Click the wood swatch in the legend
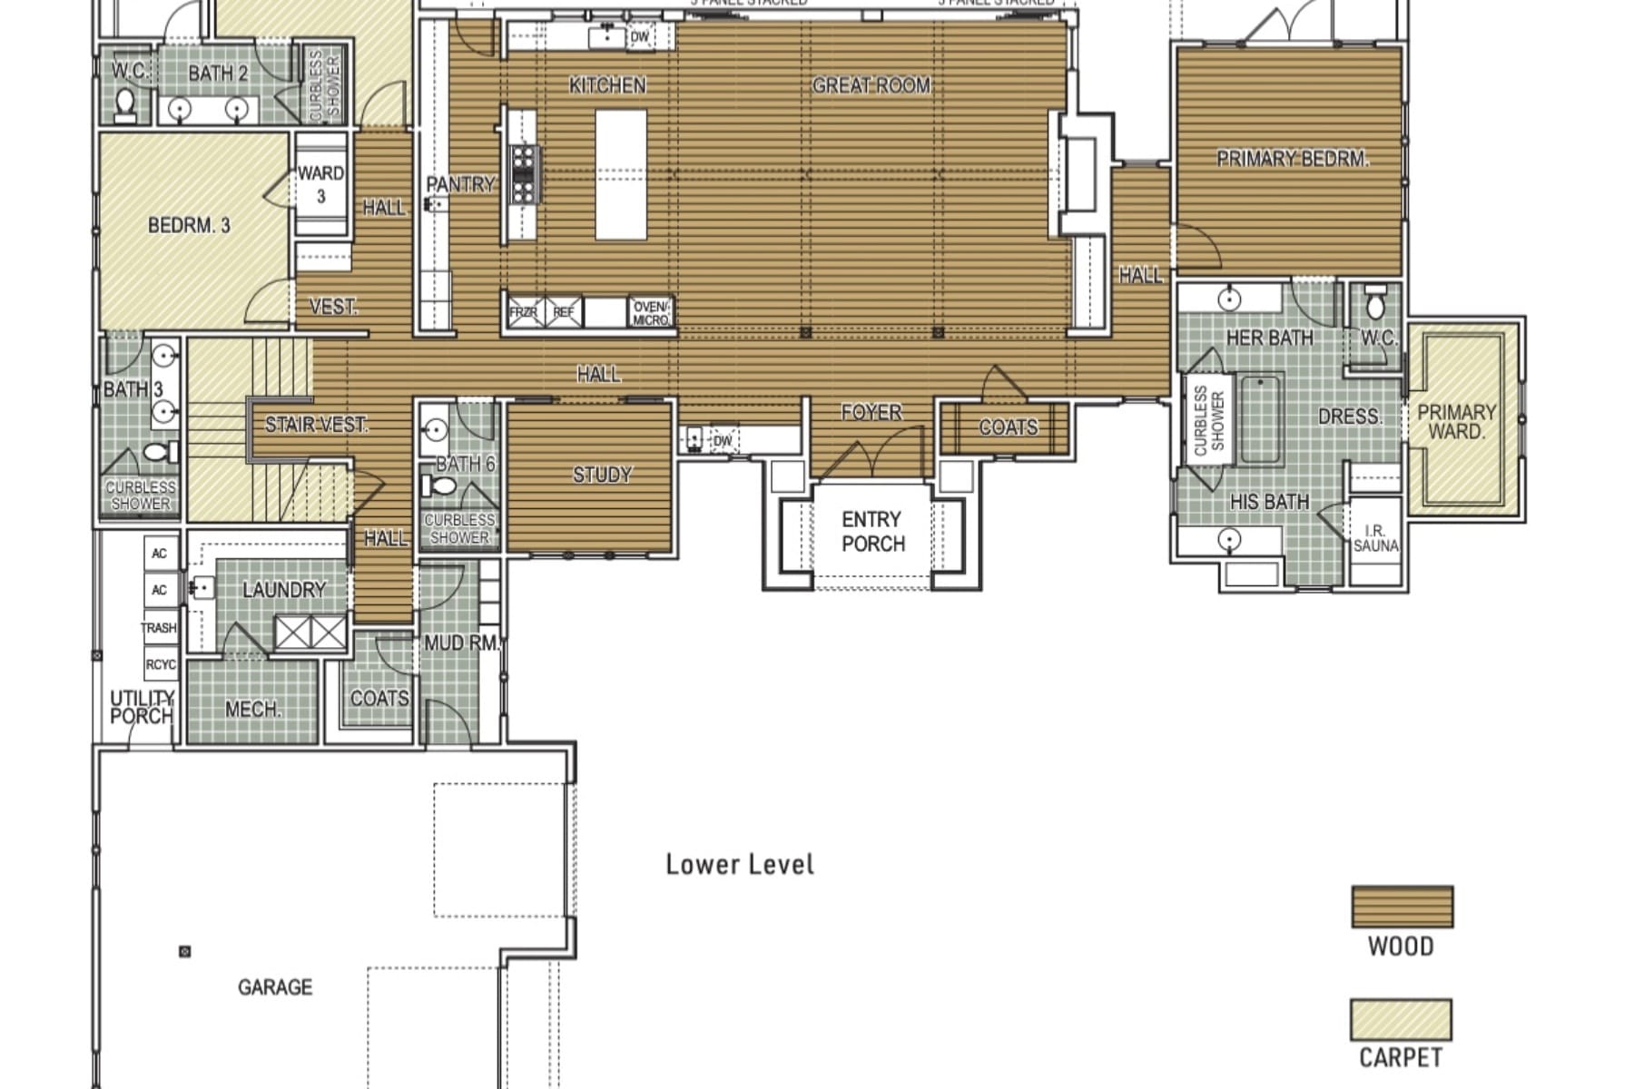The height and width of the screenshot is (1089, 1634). click(1402, 907)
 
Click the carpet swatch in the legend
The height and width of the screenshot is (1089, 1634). click(1400, 1020)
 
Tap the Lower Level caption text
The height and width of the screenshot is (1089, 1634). click(740, 864)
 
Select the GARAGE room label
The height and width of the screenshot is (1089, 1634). click(275, 986)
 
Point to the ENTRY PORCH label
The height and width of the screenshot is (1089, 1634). click(872, 532)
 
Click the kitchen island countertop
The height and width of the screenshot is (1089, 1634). click(621, 174)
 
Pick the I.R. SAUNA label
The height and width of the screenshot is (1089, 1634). click(1375, 538)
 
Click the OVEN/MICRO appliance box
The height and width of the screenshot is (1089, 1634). click(651, 313)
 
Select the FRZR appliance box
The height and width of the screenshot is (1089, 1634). click(524, 312)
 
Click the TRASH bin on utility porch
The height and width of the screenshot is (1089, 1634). click(159, 627)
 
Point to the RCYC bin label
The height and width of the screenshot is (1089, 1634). click(161, 664)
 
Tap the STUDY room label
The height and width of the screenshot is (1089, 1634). click(602, 475)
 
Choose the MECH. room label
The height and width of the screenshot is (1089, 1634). click(252, 709)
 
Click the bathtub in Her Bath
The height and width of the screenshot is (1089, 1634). click(1259, 419)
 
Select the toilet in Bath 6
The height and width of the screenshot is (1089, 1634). click(442, 486)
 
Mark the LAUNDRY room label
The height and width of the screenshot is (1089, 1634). click(283, 590)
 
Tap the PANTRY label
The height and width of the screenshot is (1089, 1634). click(460, 184)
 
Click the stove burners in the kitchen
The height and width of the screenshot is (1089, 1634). click(524, 173)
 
